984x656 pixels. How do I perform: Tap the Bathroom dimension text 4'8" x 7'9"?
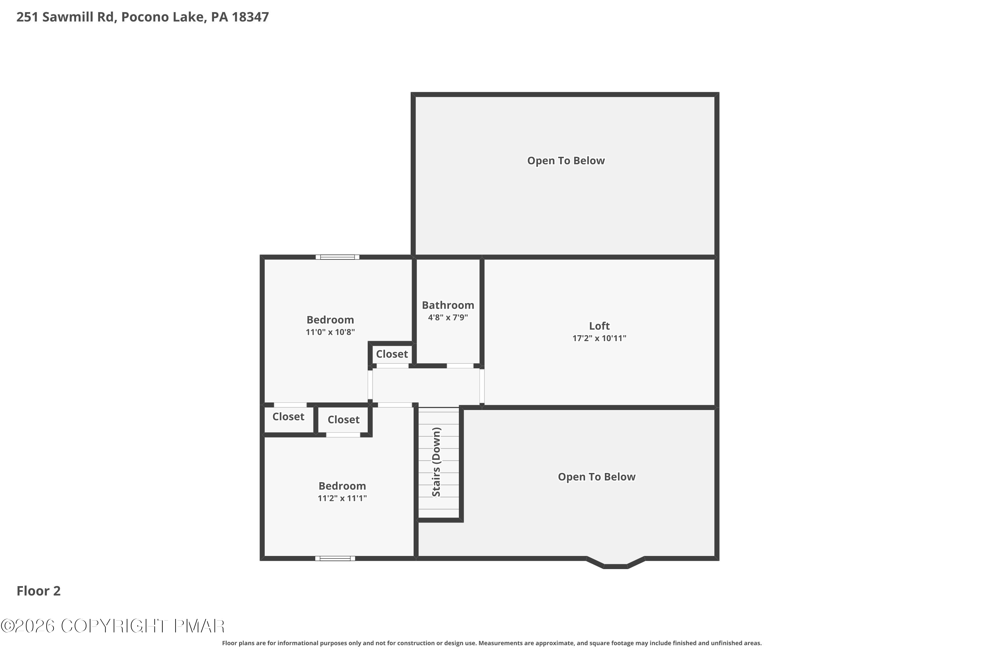pos(448,317)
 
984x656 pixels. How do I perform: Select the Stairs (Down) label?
pos(436,462)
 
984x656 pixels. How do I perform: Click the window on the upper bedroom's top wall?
pos(337,257)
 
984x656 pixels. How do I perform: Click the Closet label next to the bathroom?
pos(392,354)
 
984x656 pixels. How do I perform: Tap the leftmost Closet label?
pos(288,416)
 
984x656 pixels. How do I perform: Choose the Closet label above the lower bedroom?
pos(343,419)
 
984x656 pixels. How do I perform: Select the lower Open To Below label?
pos(596,477)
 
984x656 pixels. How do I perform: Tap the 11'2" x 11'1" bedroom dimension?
pos(342,498)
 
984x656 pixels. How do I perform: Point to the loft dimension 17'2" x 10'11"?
pos(599,338)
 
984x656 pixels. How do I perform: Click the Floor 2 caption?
pos(38,591)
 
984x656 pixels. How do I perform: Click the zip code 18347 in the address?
pos(250,17)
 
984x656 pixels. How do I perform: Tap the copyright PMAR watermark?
pos(113,626)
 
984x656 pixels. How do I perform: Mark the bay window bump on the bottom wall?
pos(615,565)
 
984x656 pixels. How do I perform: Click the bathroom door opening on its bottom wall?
pos(460,366)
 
